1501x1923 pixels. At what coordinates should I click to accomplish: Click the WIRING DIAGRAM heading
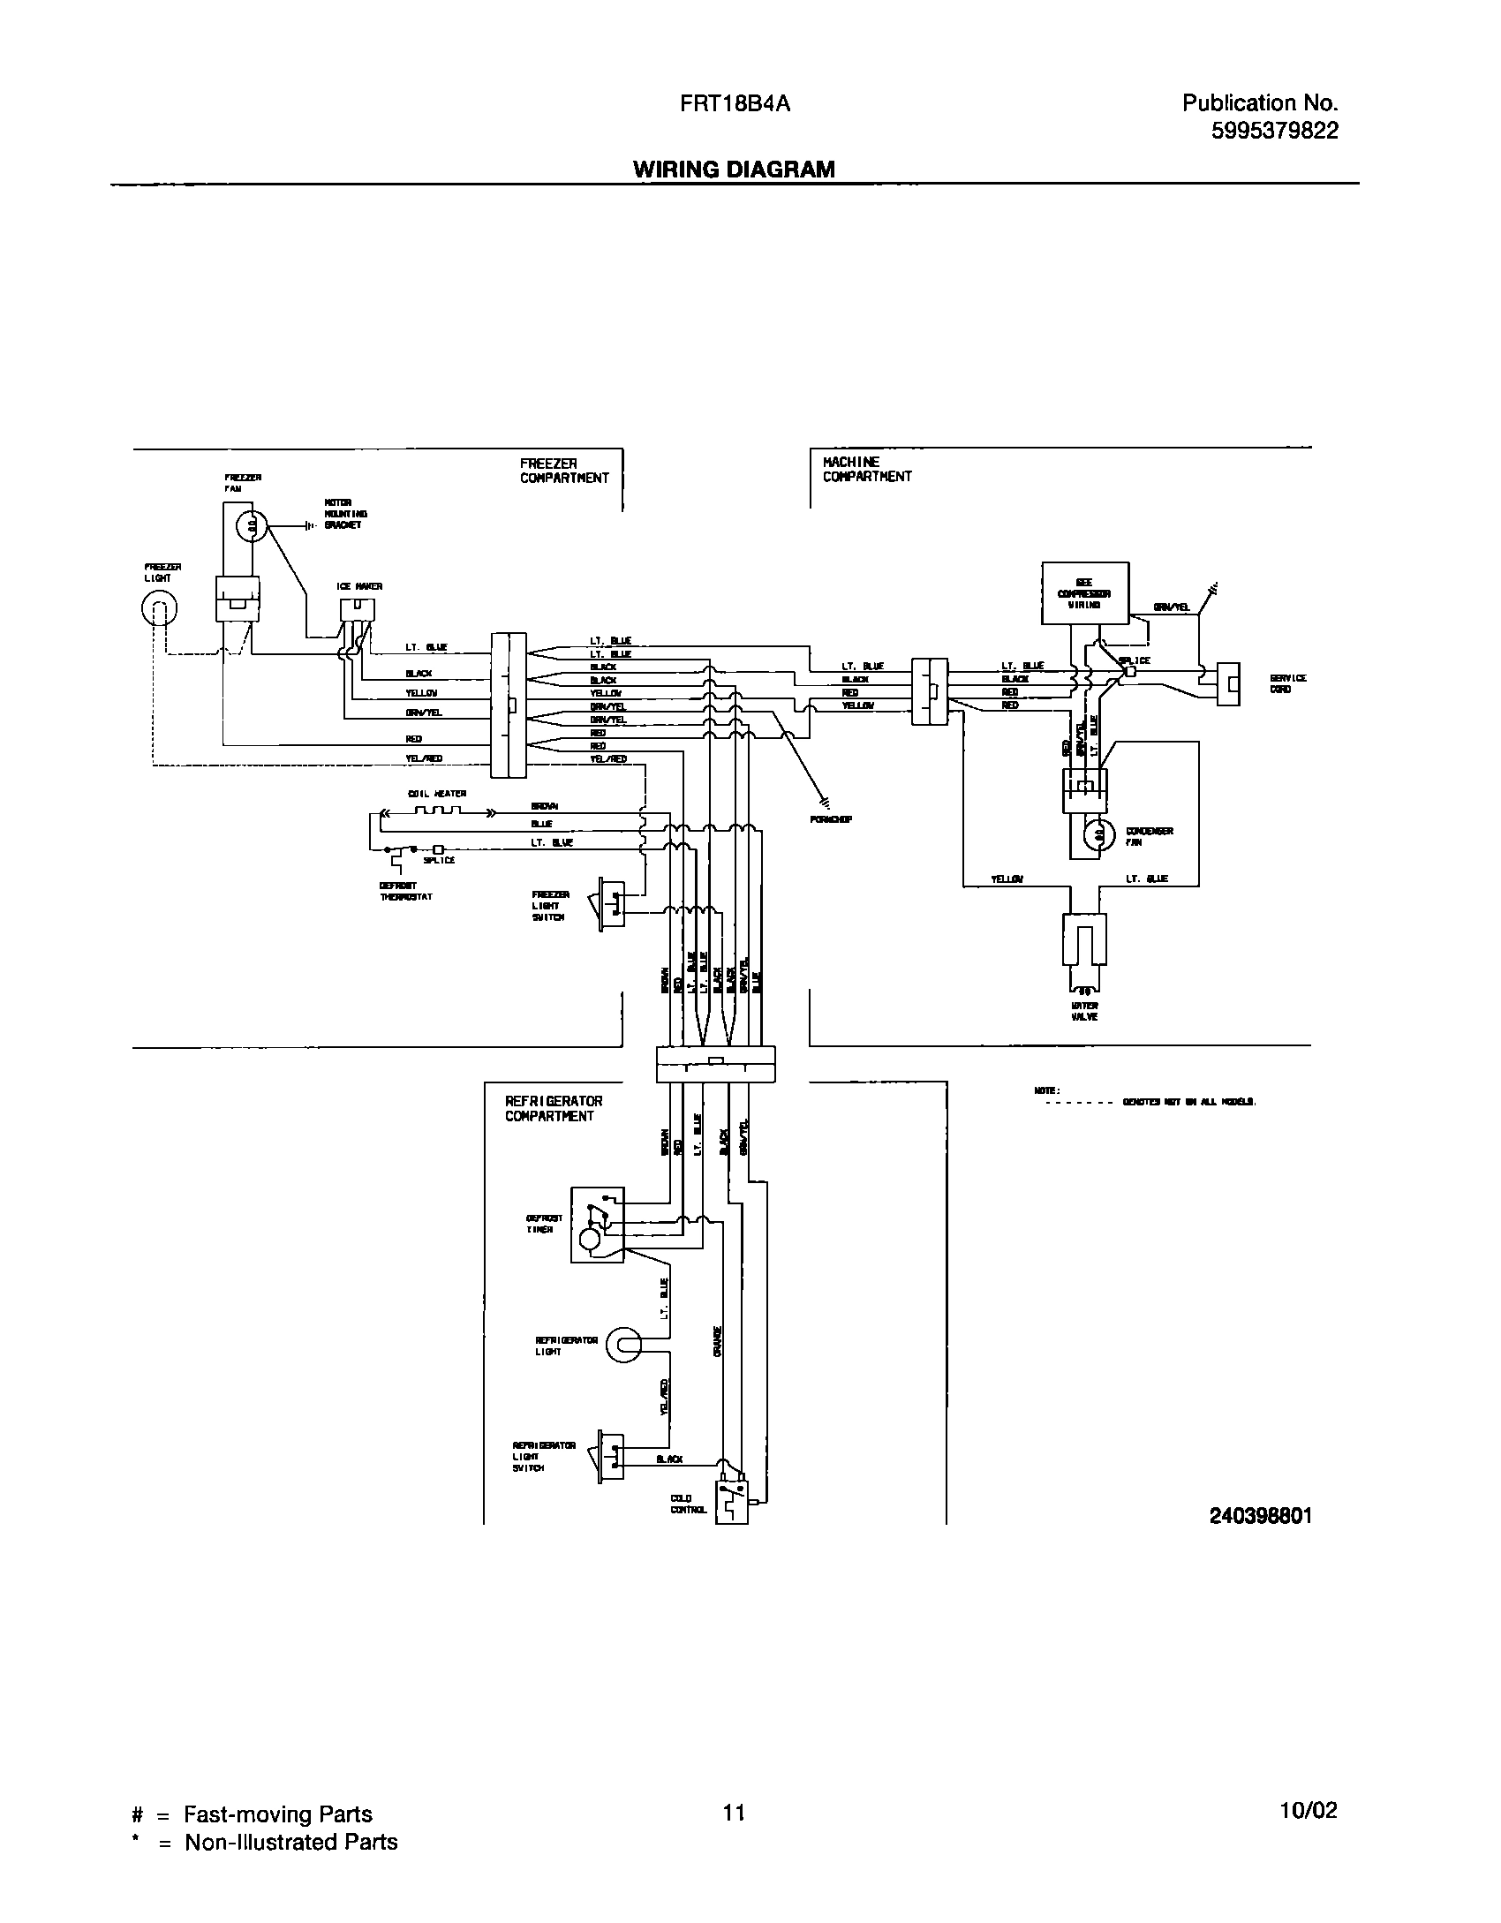click(734, 170)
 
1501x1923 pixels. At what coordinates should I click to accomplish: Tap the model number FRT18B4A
click(735, 104)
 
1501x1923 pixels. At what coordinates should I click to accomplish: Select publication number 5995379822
click(1274, 131)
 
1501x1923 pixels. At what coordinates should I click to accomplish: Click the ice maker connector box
click(357, 609)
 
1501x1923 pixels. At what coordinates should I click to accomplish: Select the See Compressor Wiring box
click(1084, 593)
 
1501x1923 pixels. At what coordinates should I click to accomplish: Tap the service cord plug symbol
click(1228, 684)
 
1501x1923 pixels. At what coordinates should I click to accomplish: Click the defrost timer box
click(598, 1224)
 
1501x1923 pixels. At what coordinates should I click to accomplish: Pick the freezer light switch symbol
click(612, 902)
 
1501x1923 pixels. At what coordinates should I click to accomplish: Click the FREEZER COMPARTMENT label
click(563, 471)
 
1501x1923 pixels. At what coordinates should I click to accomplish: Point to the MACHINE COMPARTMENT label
click(866, 469)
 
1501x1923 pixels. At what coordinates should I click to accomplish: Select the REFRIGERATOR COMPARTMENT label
click(554, 1108)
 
